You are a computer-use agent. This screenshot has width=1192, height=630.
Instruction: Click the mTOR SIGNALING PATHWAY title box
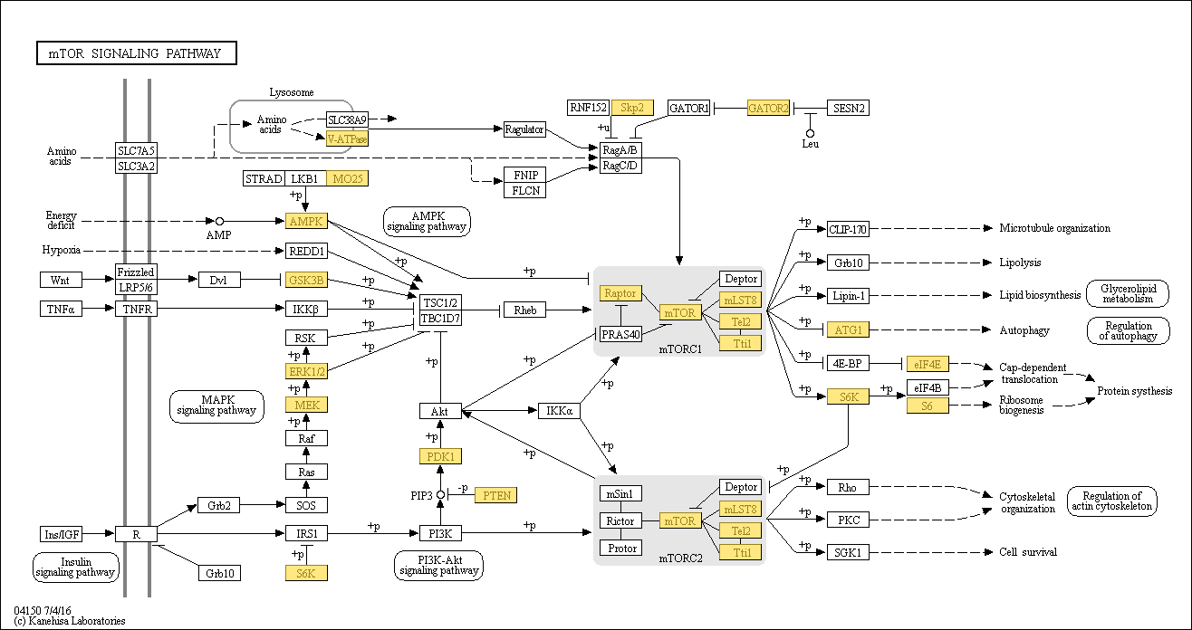tap(136, 53)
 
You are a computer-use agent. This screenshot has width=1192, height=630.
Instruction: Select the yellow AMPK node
tap(306, 221)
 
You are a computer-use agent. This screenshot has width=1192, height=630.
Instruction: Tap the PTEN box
tap(495, 495)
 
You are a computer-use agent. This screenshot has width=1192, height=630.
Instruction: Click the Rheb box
tap(524, 310)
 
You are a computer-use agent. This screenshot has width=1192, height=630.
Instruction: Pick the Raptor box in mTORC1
tap(620, 293)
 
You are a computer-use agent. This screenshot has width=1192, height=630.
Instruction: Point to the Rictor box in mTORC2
tap(620, 521)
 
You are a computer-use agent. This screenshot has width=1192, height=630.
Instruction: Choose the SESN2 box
tap(847, 109)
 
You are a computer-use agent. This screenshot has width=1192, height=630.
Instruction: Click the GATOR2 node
tap(768, 109)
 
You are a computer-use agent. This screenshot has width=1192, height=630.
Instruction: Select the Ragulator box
tap(524, 129)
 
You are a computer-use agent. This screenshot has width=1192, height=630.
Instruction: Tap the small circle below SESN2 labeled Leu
tap(811, 133)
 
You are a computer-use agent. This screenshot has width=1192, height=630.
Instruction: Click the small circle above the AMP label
tap(219, 221)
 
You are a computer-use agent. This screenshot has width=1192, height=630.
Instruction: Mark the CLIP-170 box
tap(848, 229)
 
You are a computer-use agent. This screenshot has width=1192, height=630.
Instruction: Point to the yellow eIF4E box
tap(928, 364)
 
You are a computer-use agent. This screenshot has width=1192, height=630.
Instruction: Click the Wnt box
tap(60, 279)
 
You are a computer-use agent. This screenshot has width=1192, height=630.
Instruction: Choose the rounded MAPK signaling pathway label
tap(216, 406)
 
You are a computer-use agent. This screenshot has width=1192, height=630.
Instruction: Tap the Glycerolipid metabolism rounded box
tap(1127, 294)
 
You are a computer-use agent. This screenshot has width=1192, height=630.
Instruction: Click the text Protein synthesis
tap(1135, 391)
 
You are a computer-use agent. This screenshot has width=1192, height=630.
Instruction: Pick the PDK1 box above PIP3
tap(439, 456)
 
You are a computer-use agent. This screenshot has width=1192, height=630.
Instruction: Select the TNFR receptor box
tap(136, 310)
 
